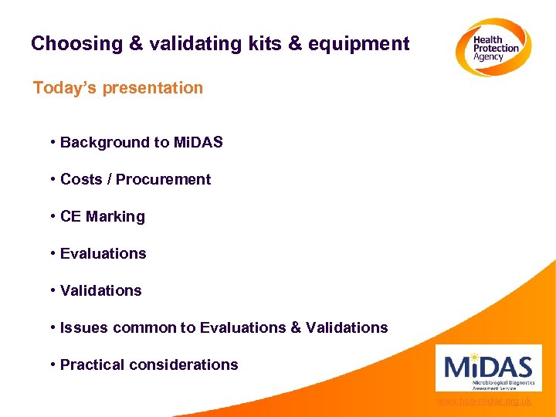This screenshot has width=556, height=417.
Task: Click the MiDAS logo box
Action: pos(488,368)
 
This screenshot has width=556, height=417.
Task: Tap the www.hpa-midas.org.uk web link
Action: pos(483,402)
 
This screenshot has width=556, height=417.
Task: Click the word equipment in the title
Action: pos(358,44)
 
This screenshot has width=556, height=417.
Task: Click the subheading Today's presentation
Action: pos(118,88)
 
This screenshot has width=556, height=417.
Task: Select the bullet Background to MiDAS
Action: pos(141,142)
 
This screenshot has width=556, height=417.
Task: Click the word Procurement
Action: pos(163,179)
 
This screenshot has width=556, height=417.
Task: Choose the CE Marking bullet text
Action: pos(102,216)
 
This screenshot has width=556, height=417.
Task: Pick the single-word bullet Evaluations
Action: pos(103,253)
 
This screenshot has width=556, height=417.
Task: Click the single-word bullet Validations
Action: pos(100,290)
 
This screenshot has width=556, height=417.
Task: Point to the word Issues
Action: pos(84,327)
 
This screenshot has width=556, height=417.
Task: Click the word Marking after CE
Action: pos(115,216)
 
